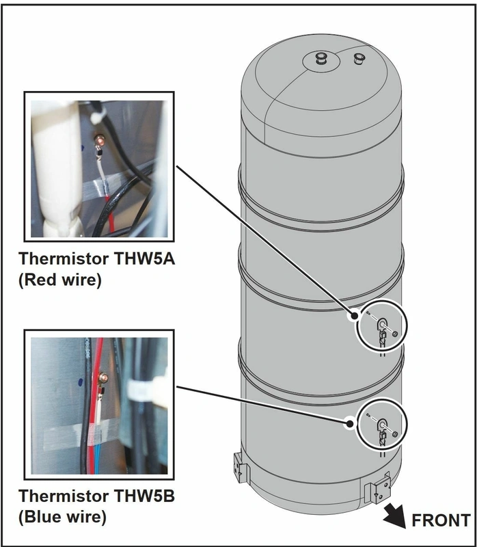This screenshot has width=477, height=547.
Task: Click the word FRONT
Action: click(441, 520)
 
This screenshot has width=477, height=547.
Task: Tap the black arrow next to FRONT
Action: click(396, 516)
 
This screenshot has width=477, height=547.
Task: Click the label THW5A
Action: click(144, 258)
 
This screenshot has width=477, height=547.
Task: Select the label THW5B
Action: click(144, 496)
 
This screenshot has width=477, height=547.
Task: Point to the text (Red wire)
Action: click(60, 280)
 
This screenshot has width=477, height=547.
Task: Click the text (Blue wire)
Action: click(62, 517)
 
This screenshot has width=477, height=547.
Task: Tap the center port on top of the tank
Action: click(321, 58)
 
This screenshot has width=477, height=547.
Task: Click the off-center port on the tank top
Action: click(359, 58)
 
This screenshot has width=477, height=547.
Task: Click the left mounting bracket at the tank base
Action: click(241, 468)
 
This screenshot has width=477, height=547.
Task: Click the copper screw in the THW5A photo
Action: click(100, 141)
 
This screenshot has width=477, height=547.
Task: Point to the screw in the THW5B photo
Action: click(103, 377)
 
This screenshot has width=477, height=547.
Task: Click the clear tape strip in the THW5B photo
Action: click(81, 434)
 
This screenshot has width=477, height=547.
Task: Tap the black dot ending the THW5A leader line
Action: click(355, 316)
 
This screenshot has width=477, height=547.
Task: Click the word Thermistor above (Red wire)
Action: click(64, 258)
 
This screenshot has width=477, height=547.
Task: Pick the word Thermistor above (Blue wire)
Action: click(64, 496)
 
